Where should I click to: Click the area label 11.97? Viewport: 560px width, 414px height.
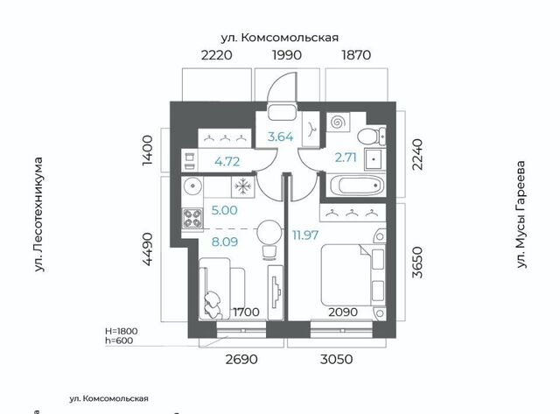(305, 235)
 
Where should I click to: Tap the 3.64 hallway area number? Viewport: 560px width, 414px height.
(280, 137)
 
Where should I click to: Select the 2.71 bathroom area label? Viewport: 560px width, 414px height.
(346, 158)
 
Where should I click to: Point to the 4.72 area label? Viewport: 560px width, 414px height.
(227, 161)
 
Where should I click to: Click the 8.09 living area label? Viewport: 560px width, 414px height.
(225, 242)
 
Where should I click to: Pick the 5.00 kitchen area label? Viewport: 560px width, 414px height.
(224, 210)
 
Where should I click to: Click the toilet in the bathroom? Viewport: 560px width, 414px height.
(371, 136)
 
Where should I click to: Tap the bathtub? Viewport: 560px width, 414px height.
(358, 186)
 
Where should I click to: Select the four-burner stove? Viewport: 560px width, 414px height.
(192, 218)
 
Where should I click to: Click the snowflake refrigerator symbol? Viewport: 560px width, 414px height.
(243, 186)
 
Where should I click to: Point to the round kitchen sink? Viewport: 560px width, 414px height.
(192, 186)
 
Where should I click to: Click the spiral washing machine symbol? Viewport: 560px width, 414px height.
(338, 123)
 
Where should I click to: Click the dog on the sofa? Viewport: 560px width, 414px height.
(213, 305)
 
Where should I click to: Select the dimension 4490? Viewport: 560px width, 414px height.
(148, 249)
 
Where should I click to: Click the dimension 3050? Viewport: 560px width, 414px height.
(336, 359)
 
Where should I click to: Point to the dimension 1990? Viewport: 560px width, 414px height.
(287, 54)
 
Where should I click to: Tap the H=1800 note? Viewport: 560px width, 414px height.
(122, 331)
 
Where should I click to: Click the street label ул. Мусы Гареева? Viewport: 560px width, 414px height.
(521, 214)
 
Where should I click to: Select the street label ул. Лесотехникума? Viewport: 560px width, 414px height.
(38, 214)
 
